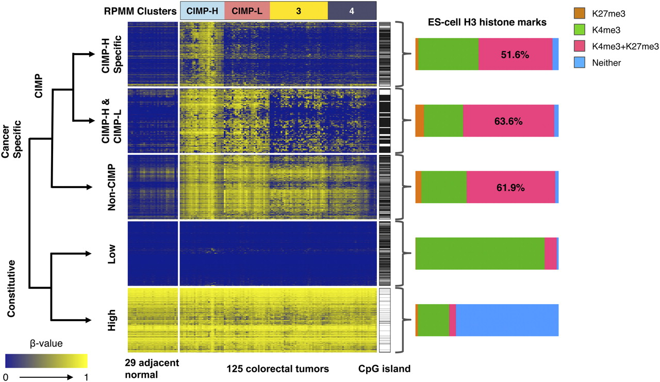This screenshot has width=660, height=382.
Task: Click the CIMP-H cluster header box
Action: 202,10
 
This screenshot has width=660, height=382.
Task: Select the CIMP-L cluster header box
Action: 247,10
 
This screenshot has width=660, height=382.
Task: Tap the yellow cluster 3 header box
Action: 299,10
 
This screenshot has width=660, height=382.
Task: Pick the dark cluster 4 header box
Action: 352,10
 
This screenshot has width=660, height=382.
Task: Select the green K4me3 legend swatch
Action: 586,28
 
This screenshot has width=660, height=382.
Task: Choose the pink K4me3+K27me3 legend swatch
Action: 586,45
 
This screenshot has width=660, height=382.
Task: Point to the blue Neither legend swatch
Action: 586,62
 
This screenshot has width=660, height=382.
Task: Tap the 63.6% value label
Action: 508,121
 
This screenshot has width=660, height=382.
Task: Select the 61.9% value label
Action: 510,188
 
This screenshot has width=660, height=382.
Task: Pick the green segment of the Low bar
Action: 480,254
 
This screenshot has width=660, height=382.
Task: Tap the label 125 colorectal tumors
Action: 277,369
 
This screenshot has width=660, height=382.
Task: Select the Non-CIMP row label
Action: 112,188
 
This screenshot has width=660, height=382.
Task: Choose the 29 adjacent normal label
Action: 152,368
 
